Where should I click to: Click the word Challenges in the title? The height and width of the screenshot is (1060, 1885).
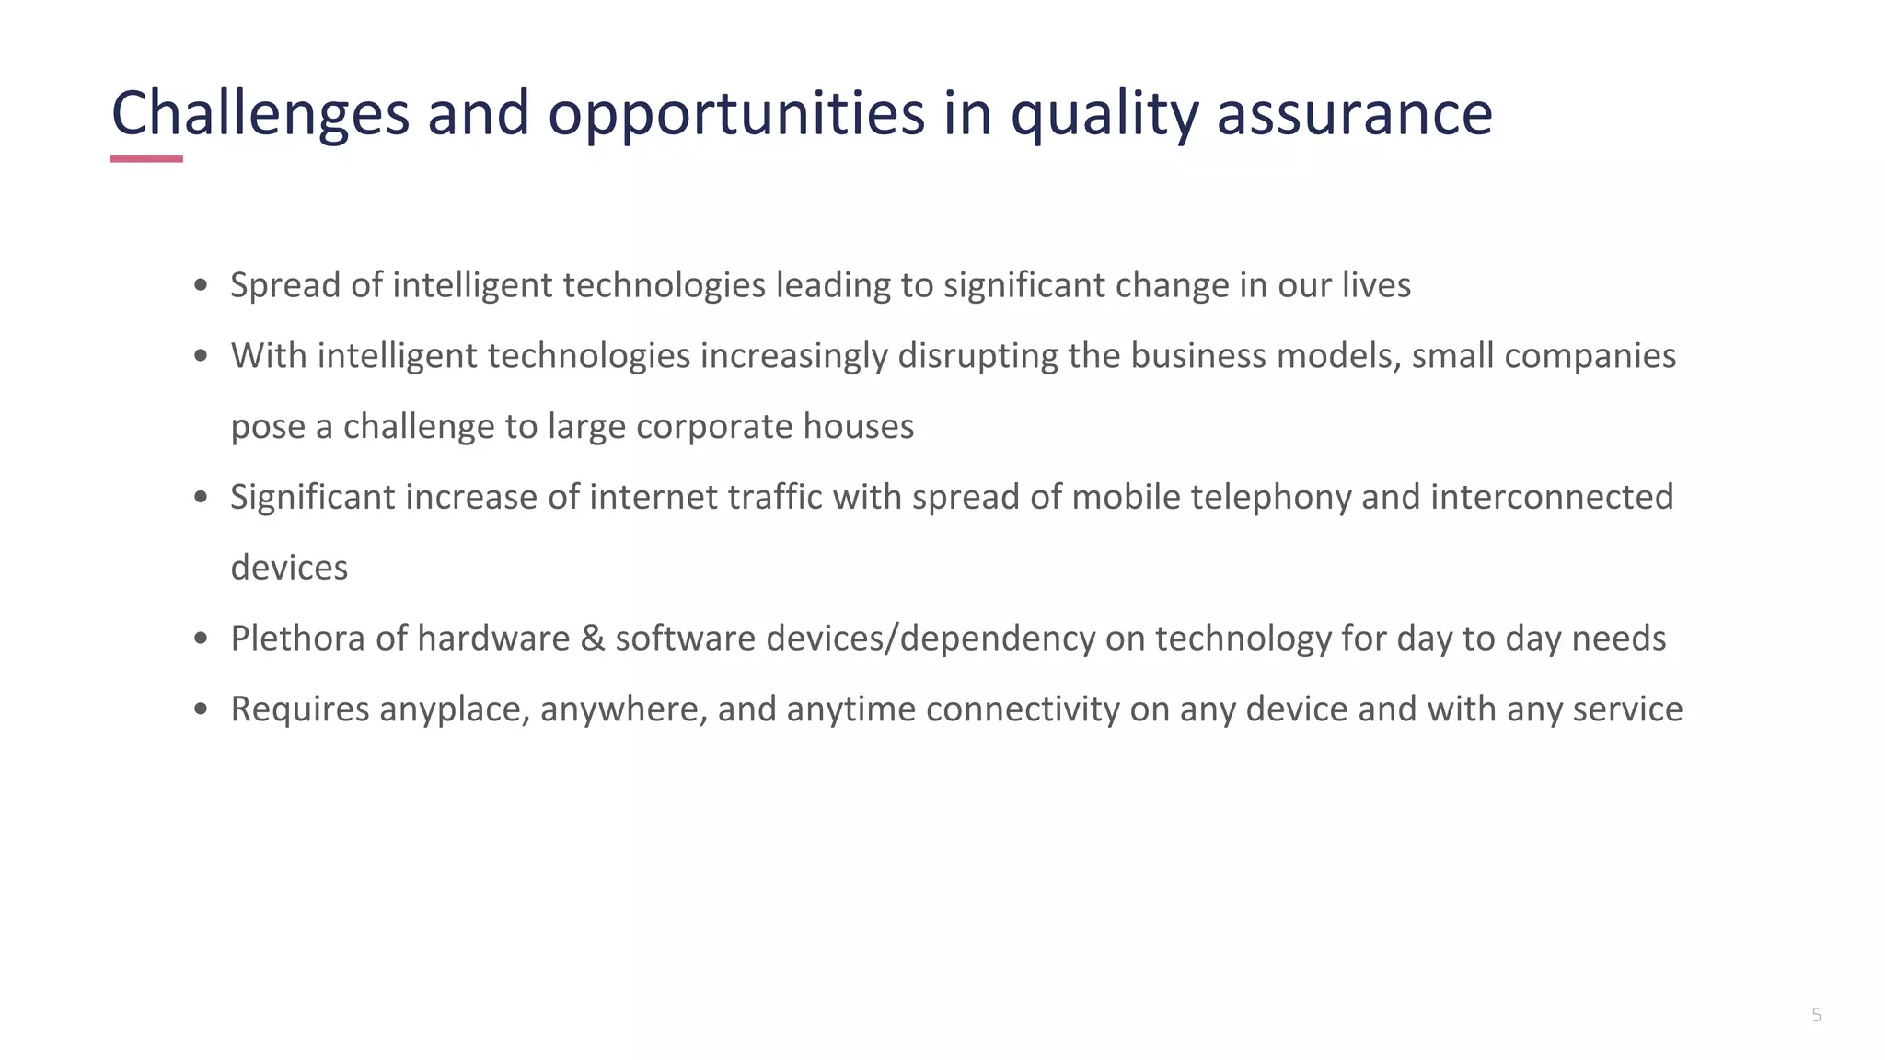click(260, 114)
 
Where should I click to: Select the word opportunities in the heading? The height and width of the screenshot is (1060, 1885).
click(736, 114)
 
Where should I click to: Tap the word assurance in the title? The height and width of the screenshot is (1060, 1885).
click(1354, 114)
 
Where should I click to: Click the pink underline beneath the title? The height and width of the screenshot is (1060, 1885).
click(146, 158)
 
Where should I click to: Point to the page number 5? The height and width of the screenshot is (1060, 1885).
click(1816, 1015)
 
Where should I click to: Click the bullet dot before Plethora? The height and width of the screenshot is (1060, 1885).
click(202, 639)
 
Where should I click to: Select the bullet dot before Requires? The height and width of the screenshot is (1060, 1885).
click(202, 709)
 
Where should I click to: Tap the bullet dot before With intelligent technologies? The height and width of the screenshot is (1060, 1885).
click(202, 356)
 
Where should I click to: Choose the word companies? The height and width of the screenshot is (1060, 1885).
click(1590, 356)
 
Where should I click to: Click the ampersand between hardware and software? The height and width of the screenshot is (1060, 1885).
click(593, 639)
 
